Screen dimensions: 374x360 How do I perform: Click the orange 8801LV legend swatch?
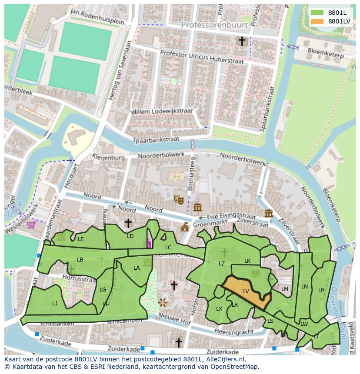pos(317,21)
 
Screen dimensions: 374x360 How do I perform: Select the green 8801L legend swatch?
pos(317,13)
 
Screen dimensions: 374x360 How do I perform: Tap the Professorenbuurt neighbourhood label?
pos(214,25)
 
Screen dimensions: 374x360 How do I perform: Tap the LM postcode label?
pos(285,289)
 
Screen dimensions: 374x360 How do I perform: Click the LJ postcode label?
pos(55,303)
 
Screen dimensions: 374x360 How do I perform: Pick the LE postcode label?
pos(81,239)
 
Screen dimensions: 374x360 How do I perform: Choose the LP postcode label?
pos(321,290)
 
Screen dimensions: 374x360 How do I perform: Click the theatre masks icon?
pos(178,199)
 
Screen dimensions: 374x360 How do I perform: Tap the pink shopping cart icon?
pos(31,225)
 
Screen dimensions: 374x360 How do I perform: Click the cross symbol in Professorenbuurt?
pos(242,41)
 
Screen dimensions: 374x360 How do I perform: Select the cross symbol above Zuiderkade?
pos(178,343)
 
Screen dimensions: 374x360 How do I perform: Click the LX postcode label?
pos(219,308)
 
